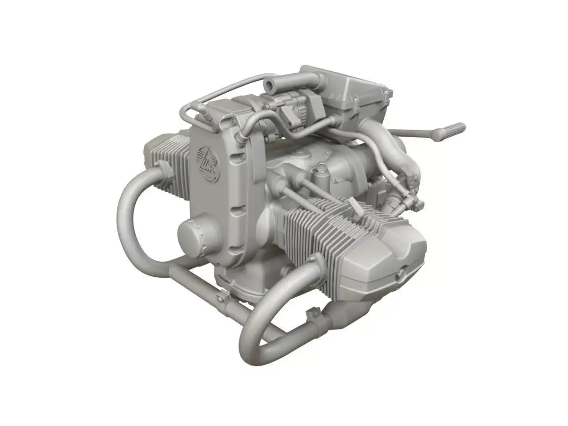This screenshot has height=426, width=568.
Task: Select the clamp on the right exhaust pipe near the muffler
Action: point(313,314)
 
